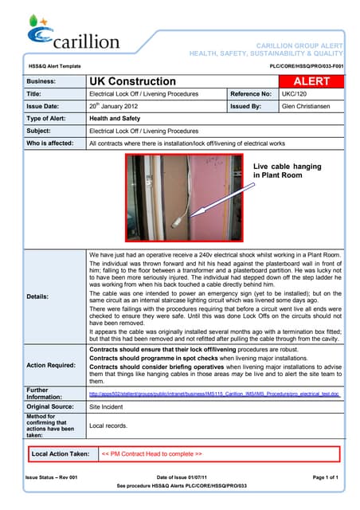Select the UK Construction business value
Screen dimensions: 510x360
point(132,81)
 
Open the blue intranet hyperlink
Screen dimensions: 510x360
point(214,394)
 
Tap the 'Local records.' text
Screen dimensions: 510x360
point(109,426)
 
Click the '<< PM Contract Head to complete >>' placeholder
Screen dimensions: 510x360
point(152,453)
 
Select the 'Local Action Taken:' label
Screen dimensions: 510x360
point(60,453)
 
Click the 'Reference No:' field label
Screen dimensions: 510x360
point(252,94)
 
